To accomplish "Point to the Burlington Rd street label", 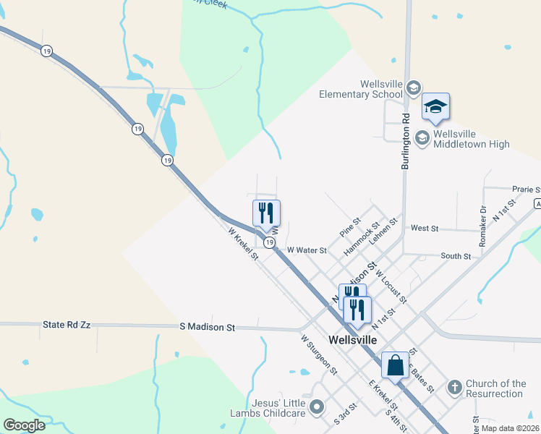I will [x=406, y=141].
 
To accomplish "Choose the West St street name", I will [x=425, y=228].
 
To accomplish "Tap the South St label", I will [x=456, y=256].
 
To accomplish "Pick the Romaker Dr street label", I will [x=483, y=224].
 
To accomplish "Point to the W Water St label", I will [x=307, y=250].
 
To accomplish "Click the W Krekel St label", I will [x=243, y=244].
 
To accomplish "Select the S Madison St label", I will [x=208, y=328].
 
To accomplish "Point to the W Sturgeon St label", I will [x=319, y=354].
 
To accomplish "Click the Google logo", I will [x=24, y=425].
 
